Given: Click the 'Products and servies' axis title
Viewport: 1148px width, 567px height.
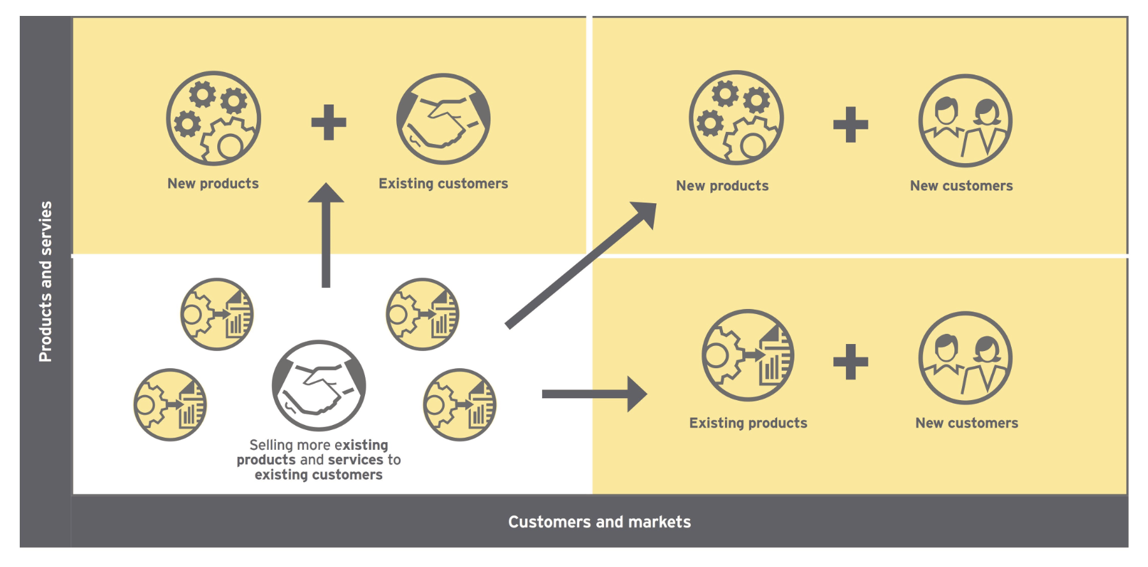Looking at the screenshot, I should [45, 282].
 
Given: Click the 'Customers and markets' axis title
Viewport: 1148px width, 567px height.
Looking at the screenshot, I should [599, 522].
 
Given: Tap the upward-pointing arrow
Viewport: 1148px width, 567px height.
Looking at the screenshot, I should [326, 236].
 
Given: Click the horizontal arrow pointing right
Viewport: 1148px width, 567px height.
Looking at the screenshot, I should [593, 394].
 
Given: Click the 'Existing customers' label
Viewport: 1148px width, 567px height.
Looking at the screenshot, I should [443, 183].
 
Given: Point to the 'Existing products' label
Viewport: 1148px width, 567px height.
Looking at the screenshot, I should [748, 423].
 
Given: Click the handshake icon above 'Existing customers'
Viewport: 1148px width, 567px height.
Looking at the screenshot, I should [443, 119].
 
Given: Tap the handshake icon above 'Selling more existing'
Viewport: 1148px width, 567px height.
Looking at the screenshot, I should [319, 385].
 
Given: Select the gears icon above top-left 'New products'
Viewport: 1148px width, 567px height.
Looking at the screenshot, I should [213, 118].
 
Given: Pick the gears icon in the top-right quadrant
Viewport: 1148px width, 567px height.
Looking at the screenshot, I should [736, 118].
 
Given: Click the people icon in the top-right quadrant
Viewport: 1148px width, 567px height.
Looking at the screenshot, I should [965, 121].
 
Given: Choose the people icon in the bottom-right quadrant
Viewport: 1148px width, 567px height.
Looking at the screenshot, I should [965, 358].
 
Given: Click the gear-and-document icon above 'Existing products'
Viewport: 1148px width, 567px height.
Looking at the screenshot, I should [748, 355].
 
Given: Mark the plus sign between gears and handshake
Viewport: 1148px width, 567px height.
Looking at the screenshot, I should [329, 122].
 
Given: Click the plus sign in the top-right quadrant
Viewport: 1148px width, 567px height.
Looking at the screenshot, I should [850, 124].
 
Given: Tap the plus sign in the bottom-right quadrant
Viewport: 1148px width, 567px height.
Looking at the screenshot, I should [850, 362].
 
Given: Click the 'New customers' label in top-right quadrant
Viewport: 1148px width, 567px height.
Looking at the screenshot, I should [961, 186].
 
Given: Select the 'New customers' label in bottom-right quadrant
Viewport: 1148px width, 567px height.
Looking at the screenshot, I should [966, 423].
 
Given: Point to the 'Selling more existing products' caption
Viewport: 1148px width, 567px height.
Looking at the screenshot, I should [319, 460].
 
